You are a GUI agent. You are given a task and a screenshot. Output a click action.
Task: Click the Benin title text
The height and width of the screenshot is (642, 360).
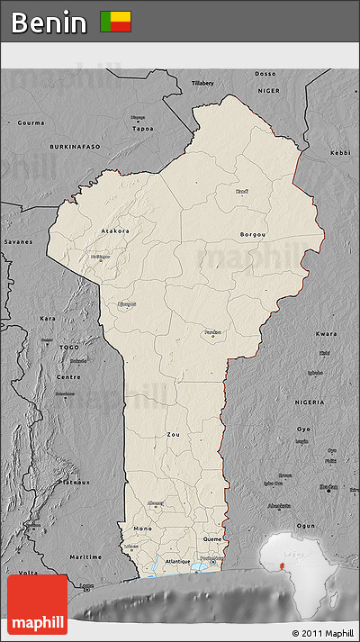[49, 22]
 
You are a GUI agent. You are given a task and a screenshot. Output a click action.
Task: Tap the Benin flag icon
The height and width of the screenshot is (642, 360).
[115, 22]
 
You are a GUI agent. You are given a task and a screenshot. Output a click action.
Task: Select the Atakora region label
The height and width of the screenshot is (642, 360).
[114, 231]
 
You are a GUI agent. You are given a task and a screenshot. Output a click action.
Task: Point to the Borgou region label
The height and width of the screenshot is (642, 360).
[252, 234]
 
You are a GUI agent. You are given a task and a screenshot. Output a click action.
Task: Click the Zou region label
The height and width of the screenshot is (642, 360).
[174, 434]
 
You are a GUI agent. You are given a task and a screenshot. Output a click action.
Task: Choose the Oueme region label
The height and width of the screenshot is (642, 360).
[212, 539]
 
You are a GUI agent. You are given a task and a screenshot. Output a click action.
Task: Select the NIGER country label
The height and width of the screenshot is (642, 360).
[270, 90]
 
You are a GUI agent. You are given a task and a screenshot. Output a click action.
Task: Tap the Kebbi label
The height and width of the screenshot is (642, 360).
[339, 153]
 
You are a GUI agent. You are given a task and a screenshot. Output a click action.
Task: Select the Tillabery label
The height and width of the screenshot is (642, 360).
[202, 83]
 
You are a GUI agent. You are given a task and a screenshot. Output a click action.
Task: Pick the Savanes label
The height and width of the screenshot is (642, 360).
[17, 241]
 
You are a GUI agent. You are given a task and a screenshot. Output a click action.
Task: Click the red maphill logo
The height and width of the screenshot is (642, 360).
[37, 604]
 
